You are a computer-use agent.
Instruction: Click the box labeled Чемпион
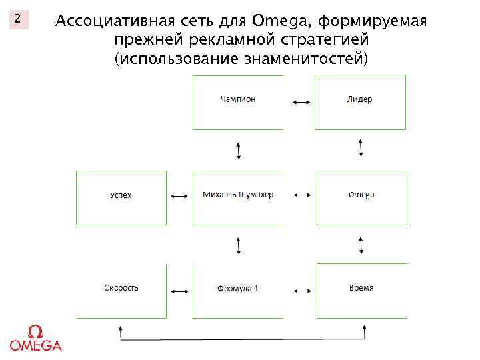point(238,102)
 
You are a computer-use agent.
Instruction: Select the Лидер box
point(360,102)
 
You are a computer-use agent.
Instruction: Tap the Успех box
point(121,197)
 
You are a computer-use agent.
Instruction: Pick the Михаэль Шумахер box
point(238,197)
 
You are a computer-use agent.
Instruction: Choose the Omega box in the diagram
point(361,197)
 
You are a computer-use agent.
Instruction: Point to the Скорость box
point(121,290)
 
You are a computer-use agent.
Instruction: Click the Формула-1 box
point(238,290)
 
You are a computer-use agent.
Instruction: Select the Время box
point(361,290)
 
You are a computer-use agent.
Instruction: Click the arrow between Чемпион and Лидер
point(300,102)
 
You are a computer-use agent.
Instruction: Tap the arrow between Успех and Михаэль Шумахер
point(178,197)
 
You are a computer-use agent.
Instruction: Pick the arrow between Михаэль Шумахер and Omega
point(302,195)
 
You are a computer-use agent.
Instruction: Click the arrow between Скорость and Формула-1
point(179,291)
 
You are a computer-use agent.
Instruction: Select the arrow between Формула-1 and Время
point(303,291)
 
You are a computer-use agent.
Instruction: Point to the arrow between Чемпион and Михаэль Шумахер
point(239,151)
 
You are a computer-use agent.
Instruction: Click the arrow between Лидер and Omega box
point(361,148)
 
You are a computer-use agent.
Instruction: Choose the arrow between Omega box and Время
point(361,244)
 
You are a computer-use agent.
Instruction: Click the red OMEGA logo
point(35,339)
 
